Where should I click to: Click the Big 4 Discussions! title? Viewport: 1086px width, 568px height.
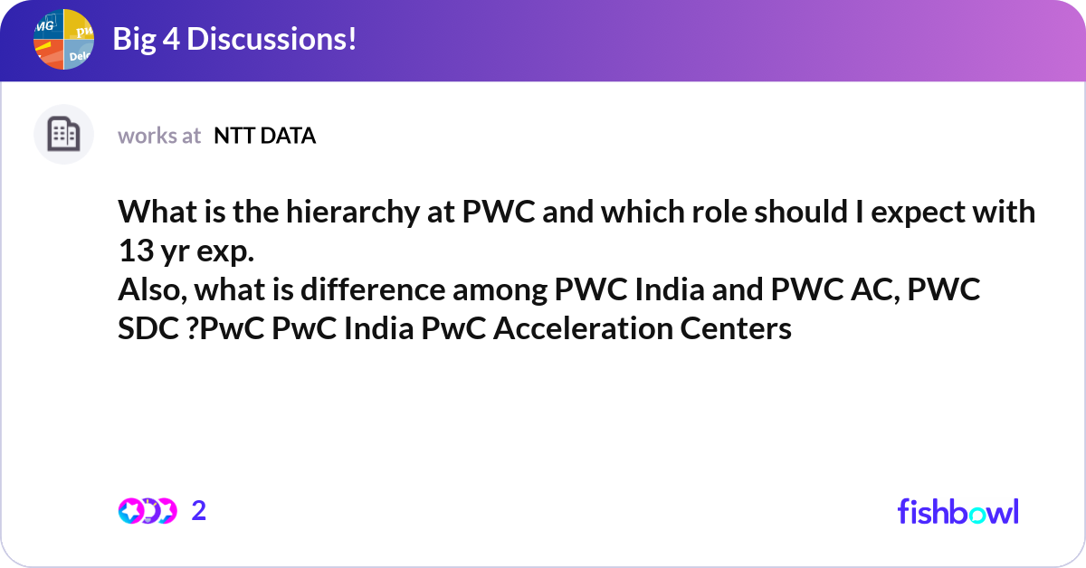[x=234, y=39]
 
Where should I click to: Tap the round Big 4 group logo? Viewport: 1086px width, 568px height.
[x=64, y=39]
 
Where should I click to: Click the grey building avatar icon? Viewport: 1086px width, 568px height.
[x=63, y=135]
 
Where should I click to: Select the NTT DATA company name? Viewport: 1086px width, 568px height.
[x=264, y=136]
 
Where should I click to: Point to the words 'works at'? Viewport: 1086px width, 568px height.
[x=159, y=136]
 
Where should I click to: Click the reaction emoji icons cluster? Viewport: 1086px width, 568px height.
[x=147, y=511]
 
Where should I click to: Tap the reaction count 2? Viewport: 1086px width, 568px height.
[x=199, y=511]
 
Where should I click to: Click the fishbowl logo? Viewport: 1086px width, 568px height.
[x=957, y=511]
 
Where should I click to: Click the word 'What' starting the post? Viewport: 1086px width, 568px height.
[x=153, y=213]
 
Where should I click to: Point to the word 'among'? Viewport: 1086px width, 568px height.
[x=593, y=291]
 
